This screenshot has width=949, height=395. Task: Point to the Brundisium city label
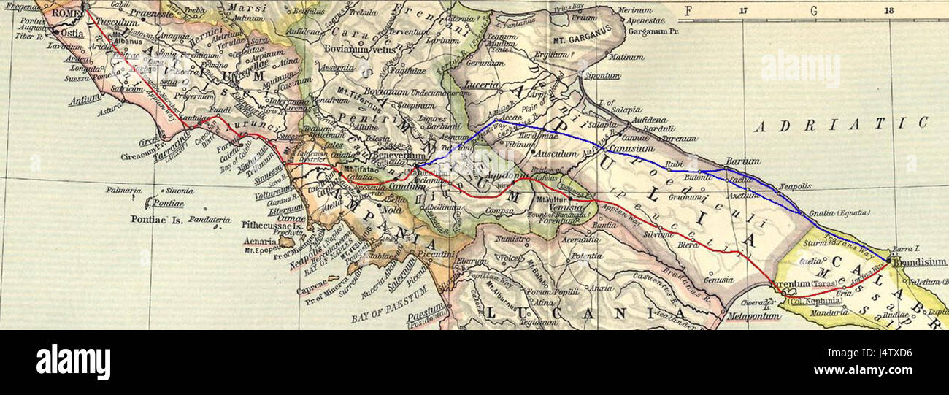(919, 262)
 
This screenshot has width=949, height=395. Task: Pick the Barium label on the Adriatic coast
(742, 161)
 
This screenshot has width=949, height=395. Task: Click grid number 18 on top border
(888, 11)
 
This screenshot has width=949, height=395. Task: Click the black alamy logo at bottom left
(73, 362)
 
